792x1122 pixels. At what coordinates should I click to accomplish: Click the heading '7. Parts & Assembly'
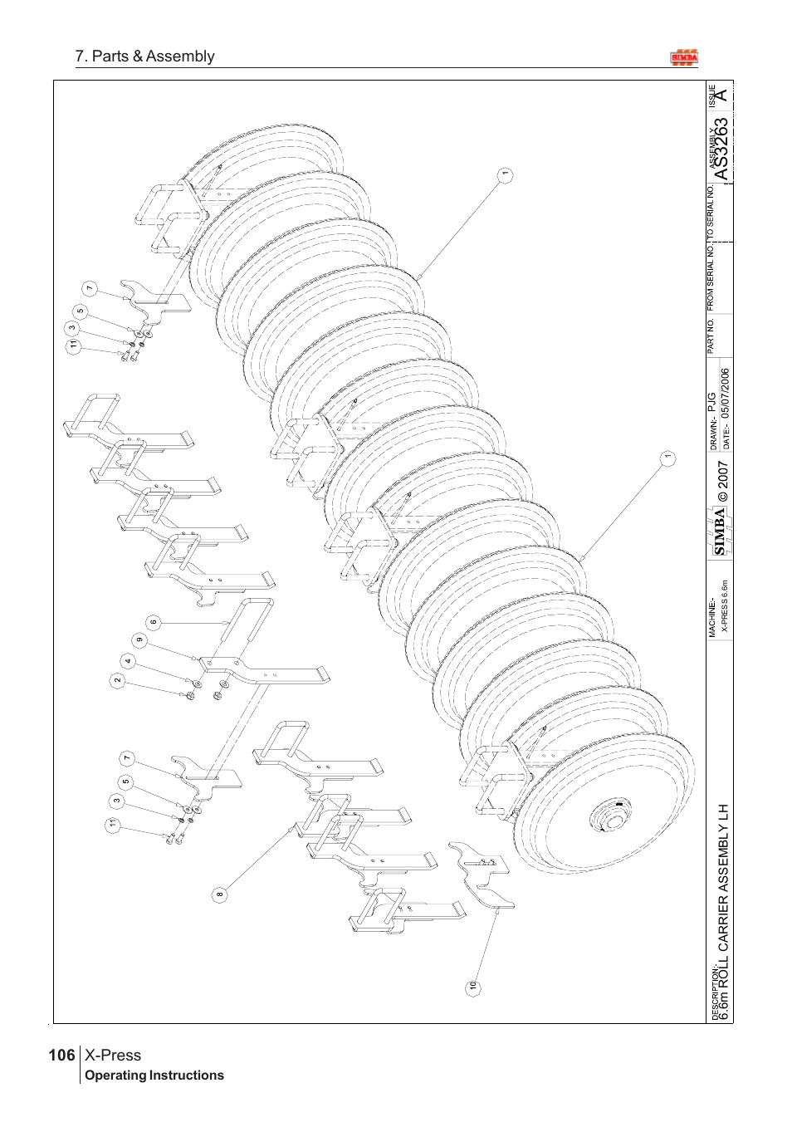click(144, 56)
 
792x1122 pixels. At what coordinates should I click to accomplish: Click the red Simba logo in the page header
click(684, 57)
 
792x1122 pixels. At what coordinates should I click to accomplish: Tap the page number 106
click(61, 1056)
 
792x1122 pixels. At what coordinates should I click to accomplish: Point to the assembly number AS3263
click(722, 149)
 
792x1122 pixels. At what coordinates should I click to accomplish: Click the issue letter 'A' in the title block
click(722, 96)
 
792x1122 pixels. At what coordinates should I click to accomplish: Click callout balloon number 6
click(154, 621)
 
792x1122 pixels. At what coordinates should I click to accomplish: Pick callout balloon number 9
click(139, 639)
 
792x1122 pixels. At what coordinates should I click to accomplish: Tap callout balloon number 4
click(128, 661)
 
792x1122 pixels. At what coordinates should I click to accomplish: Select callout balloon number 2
click(117, 680)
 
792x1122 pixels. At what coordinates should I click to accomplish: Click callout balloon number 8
click(219, 894)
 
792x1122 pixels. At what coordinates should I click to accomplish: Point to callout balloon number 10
click(472, 986)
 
